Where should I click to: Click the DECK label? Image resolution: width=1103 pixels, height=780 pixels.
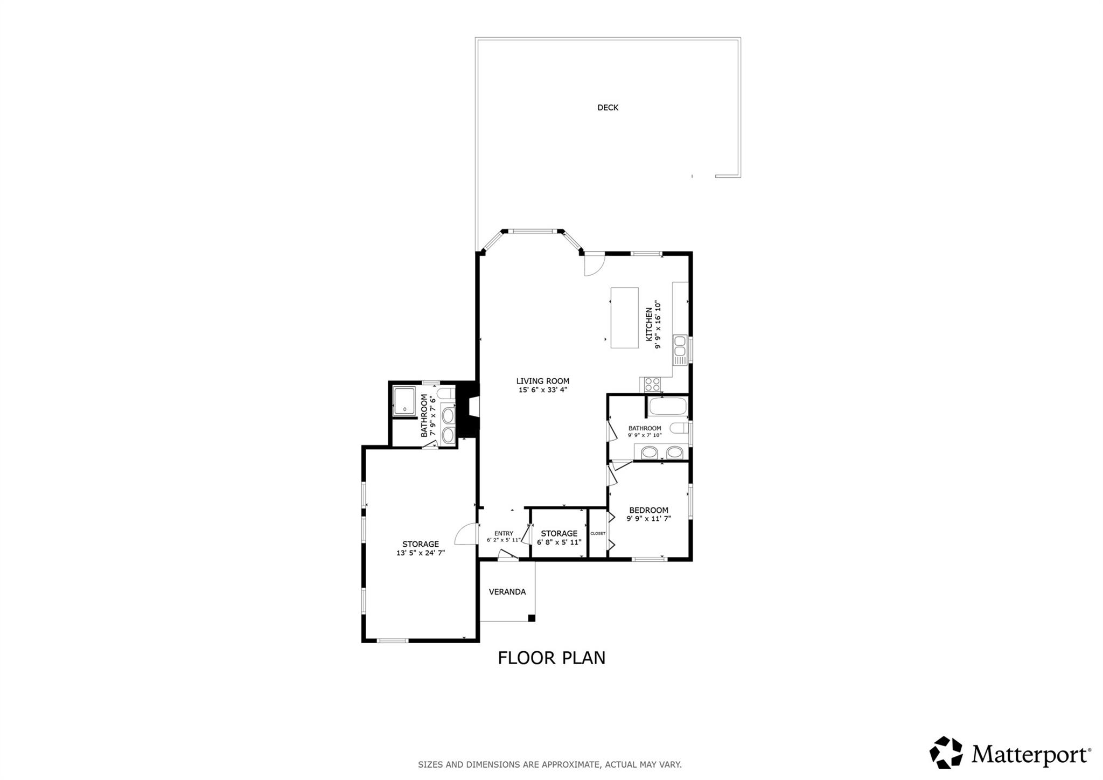pos(608,108)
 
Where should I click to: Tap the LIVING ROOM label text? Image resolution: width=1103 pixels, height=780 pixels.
pos(542,381)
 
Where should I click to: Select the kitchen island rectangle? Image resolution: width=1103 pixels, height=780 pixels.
pos(624,318)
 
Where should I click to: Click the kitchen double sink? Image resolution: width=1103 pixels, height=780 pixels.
pos(680,346)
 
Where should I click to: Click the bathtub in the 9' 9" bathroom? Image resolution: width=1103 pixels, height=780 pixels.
pos(668,407)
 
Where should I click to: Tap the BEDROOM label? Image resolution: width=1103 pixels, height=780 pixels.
pos(648,510)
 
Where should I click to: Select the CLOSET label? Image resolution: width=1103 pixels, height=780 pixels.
pos(598,534)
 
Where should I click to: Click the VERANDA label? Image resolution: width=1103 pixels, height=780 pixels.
pos(507,592)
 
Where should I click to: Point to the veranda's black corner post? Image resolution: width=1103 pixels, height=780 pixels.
pos(531,618)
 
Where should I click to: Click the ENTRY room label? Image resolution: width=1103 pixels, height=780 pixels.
pos(504,534)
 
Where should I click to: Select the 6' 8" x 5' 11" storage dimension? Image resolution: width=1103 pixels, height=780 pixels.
pos(559,542)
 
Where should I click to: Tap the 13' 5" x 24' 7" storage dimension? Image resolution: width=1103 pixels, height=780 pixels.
pos(421,553)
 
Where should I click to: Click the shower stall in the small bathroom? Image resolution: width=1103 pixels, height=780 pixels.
pos(404,401)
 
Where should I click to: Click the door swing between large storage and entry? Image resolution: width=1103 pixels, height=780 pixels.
pos(466,535)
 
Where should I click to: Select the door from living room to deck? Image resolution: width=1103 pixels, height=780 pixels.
pos(594,264)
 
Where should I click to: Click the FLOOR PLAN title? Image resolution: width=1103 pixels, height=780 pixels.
pos(551,658)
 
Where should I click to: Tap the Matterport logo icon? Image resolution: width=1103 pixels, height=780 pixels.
pos(946,753)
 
